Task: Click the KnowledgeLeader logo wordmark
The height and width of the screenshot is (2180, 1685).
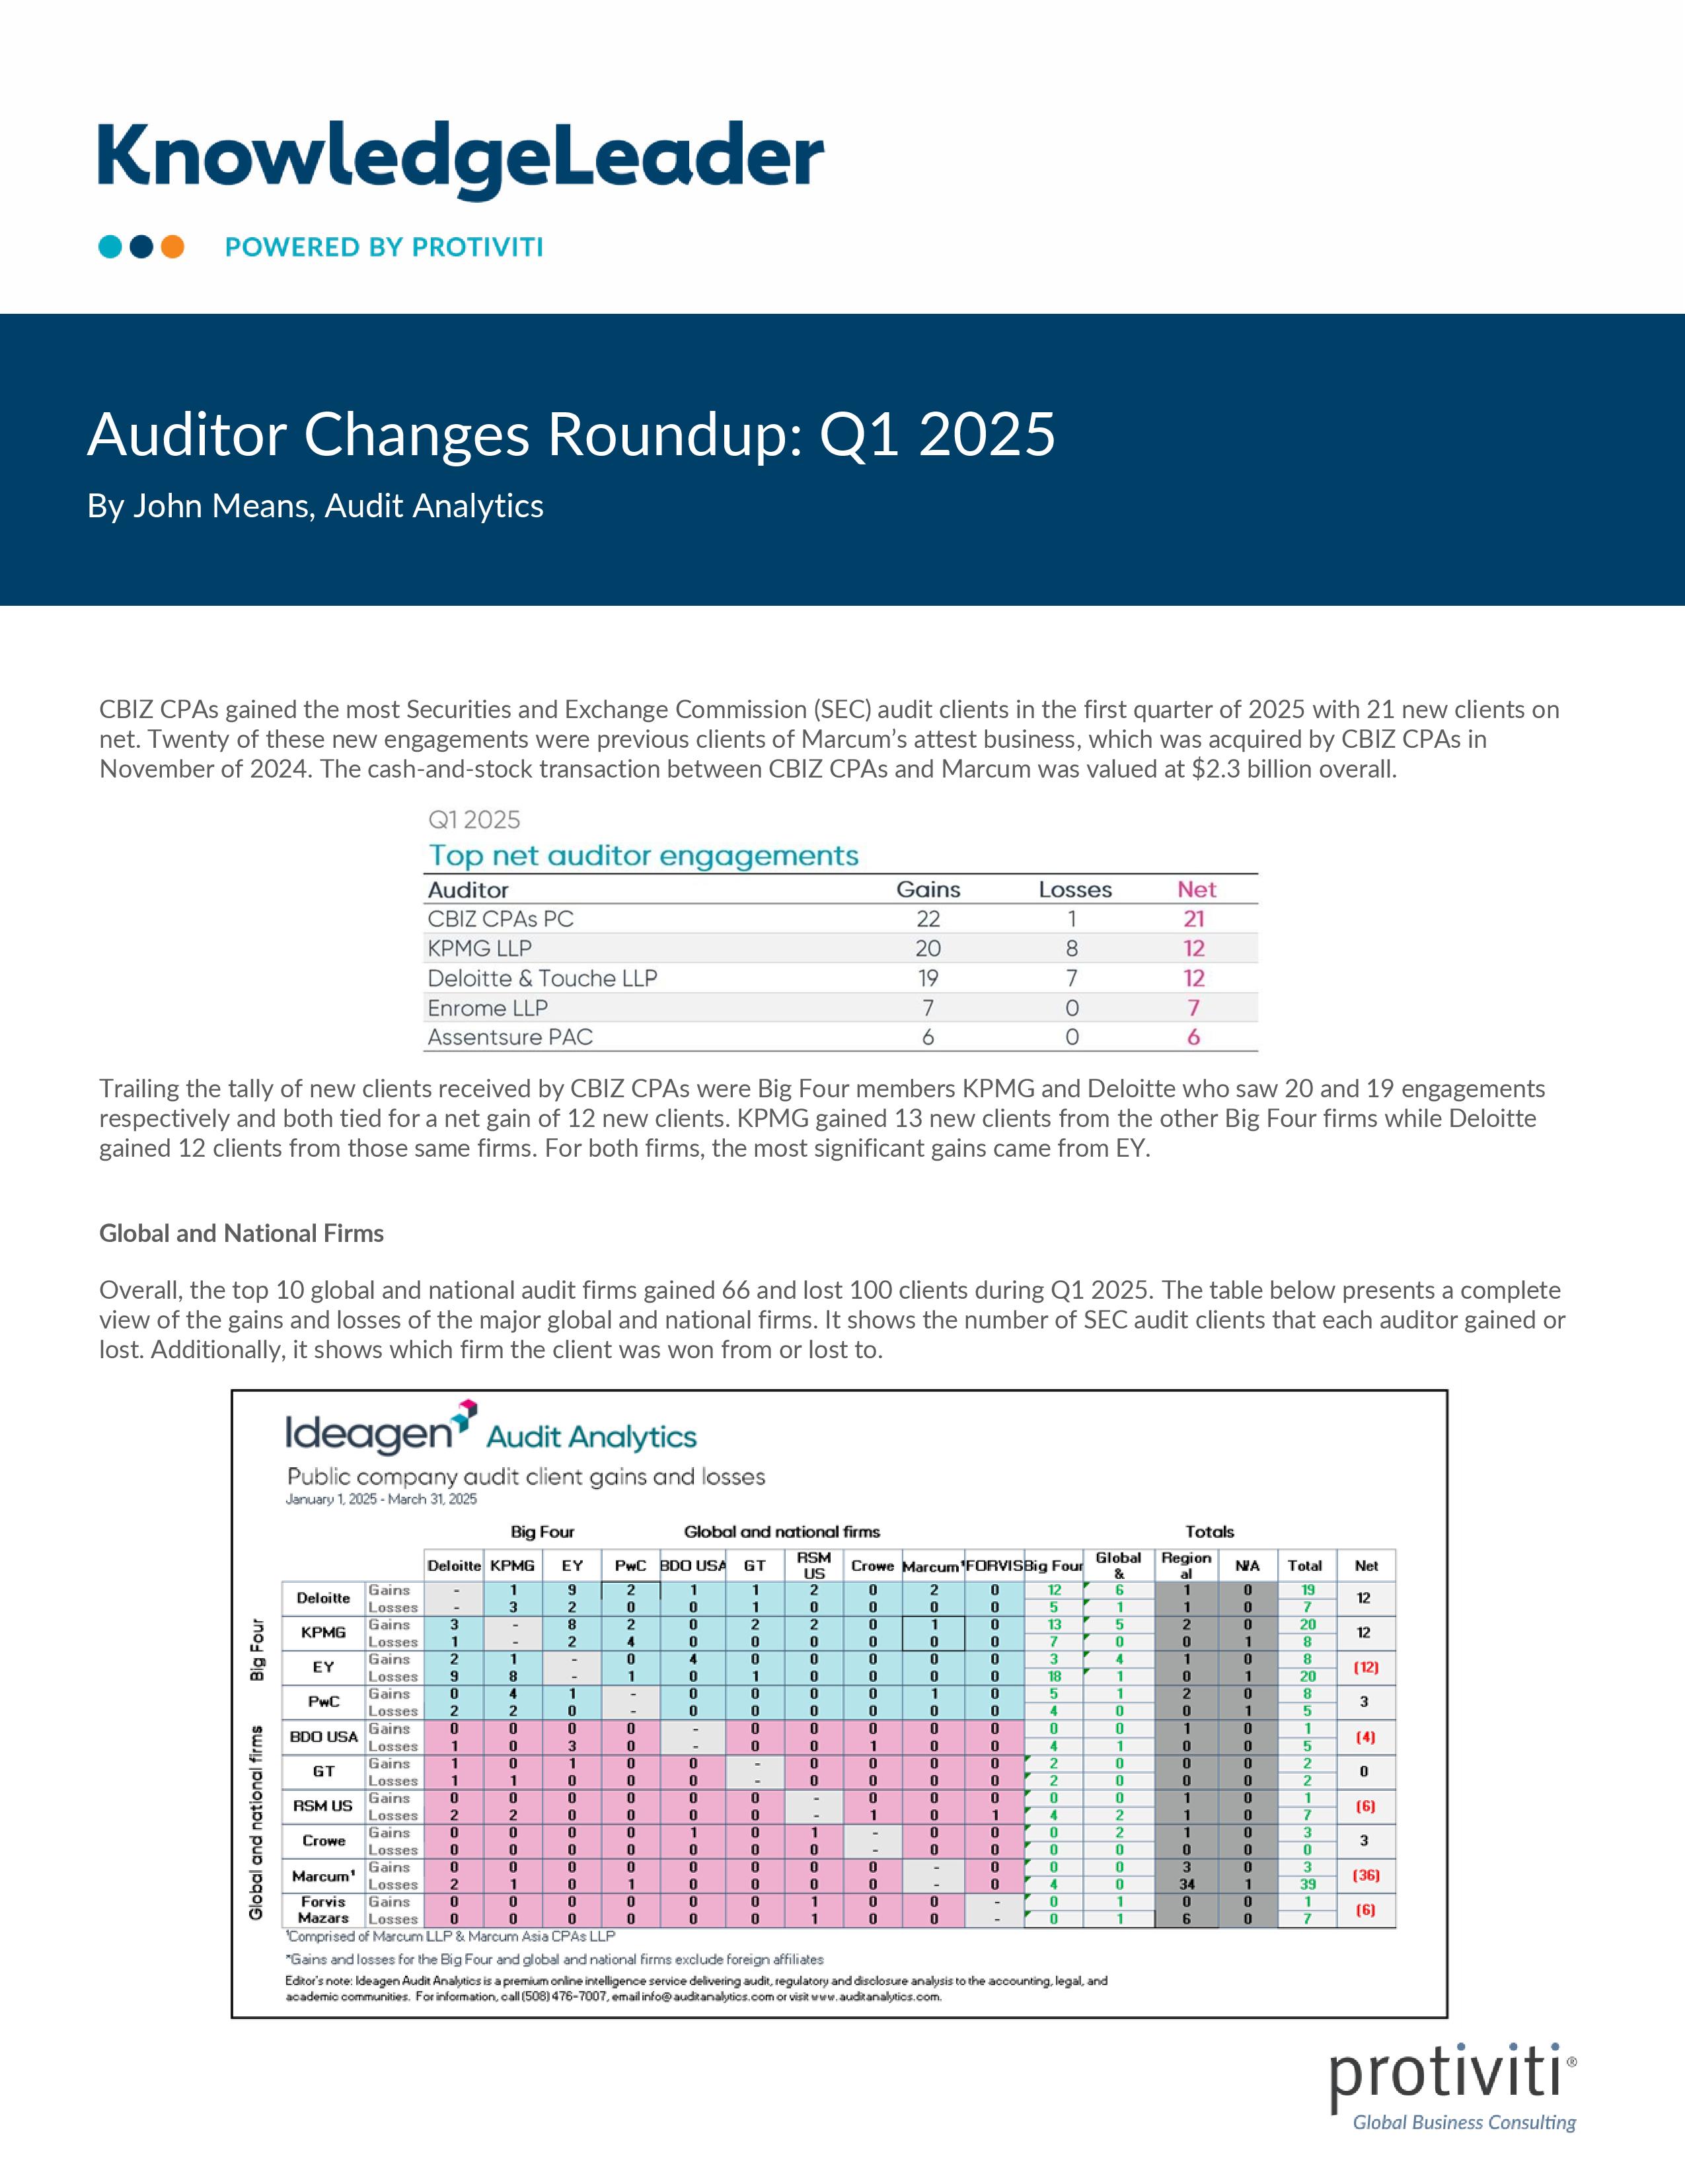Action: coord(460,160)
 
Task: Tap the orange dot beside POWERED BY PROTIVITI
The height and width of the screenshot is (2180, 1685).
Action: coord(172,246)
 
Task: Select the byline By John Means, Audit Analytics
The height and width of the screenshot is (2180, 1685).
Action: coord(315,506)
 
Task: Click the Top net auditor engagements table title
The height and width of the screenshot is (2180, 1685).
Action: coord(644,855)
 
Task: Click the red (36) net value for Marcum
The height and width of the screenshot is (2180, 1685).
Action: coord(1366,1875)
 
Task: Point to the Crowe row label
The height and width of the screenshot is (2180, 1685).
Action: coord(322,1840)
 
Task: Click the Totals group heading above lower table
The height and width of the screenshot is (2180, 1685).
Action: coord(1209,1531)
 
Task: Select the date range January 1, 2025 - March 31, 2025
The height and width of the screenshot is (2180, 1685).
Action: coord(381,1500)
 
